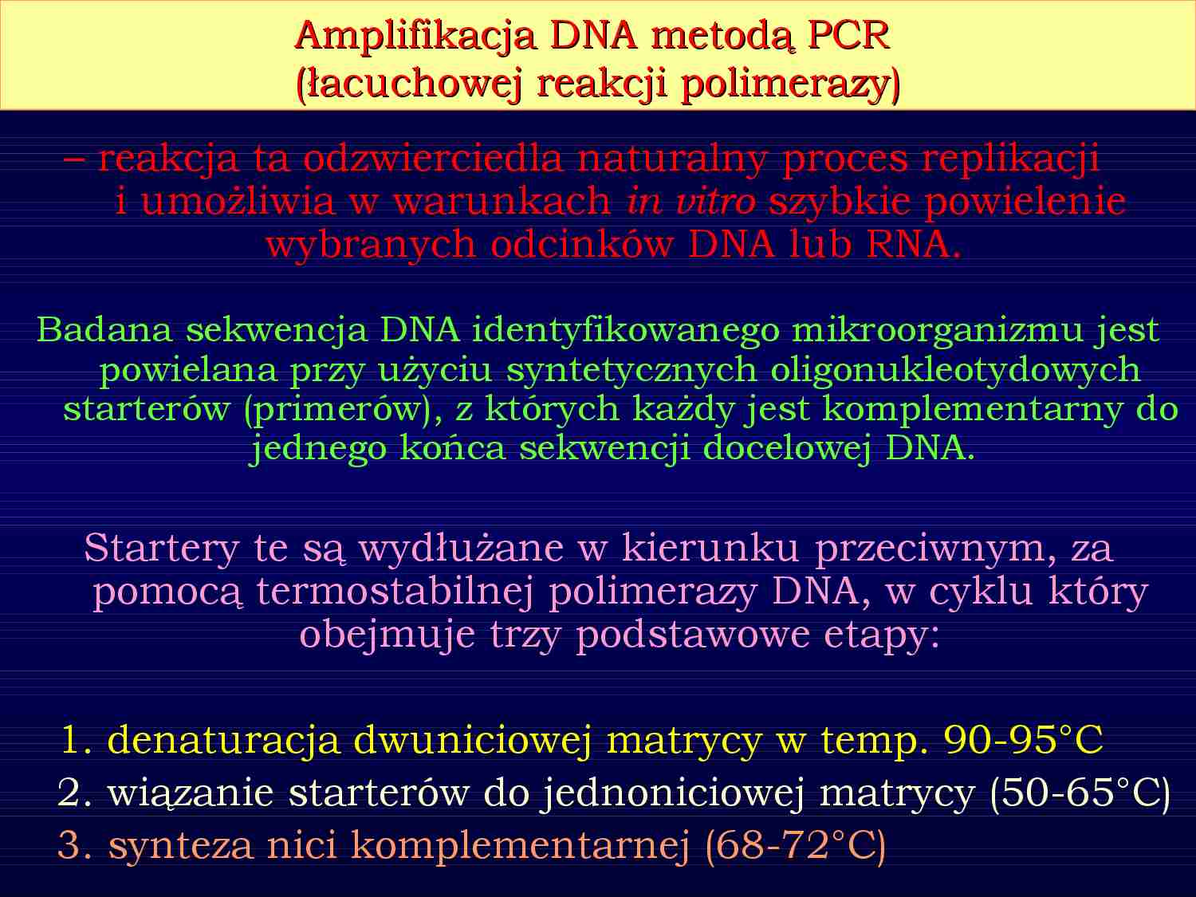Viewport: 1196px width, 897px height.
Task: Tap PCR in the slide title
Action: tap(848, 36)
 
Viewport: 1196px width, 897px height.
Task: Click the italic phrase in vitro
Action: tap(691, 202)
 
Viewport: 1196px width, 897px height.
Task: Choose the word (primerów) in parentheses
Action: tap(344, 409)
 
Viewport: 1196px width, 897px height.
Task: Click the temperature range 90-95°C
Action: tap(1023, 741)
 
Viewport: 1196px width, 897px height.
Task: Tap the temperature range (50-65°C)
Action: tap(1080, 793)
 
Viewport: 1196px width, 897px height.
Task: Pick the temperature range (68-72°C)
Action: tap(795, 845)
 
